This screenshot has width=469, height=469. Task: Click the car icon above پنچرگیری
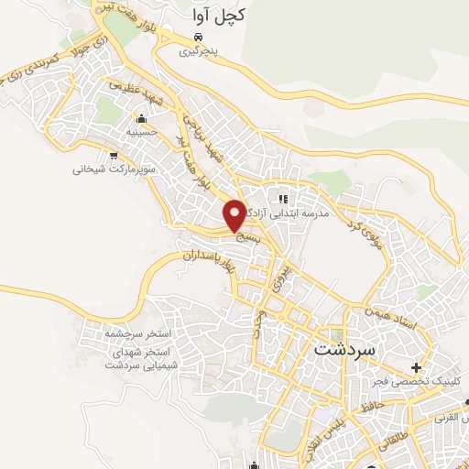click(196, 38)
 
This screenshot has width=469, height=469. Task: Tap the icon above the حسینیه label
click(140, 119)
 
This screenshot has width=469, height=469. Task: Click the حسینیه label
click(140, 133)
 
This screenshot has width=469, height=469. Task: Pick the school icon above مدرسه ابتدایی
click(283, 198)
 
